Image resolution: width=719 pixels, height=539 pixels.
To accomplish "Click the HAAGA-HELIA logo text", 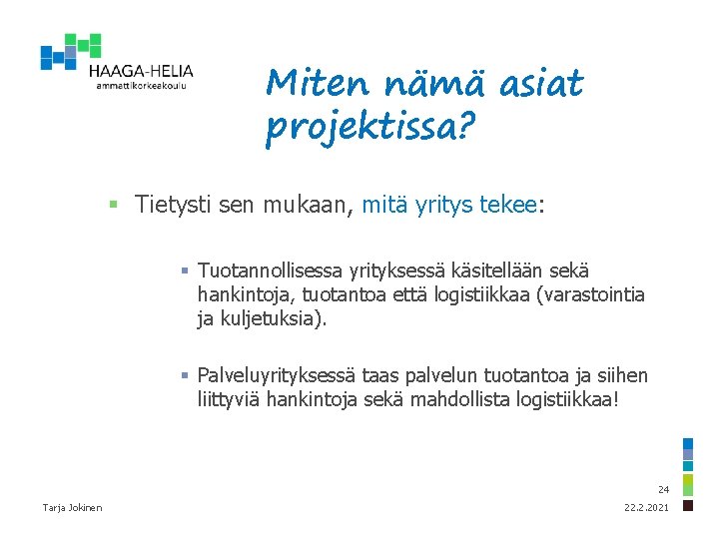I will pyautogui.click(x=141, y=71).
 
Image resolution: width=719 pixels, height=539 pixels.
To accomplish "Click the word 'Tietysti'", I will pyautogui.click(x=173, y=206).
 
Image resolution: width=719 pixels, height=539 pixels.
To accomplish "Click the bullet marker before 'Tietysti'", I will pyautogui.click(x=116, y=206).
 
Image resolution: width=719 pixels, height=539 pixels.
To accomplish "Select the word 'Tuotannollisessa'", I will pyautogui.click(x=268, y=271).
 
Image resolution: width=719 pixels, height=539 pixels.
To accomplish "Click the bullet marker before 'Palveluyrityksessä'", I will pyautogui.click(x=185, y=376).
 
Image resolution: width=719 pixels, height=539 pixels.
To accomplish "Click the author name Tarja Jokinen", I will pyautogui.click(x=72, y=509).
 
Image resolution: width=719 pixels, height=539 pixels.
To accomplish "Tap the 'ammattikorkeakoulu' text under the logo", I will pyautogui.click(x=141, y=87).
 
